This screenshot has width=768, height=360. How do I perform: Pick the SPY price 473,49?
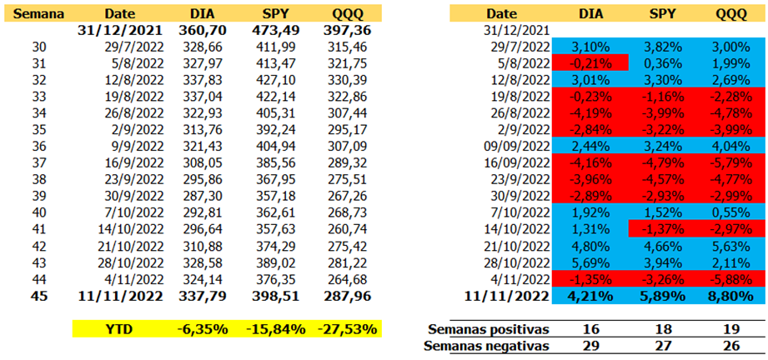coord(274,31)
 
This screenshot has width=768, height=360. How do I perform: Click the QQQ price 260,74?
coord(346,230)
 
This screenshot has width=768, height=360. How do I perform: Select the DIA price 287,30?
coord(203,197)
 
